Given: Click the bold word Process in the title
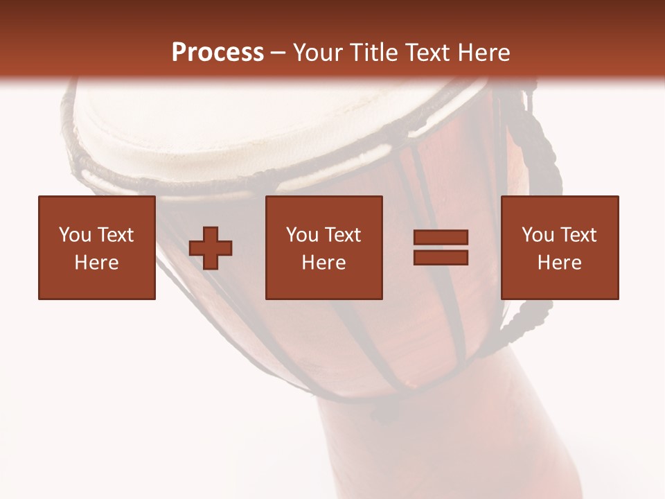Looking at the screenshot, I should [218, 53].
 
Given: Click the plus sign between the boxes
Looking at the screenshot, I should [211, 248].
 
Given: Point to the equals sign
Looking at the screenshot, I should [441, 247].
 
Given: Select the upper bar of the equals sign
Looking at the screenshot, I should [441, 238].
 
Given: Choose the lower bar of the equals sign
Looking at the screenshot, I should [441, 257].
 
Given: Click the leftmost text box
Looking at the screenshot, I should [97, 247].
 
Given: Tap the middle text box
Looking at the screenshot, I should [323, 247].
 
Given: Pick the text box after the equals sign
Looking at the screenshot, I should [560, 247].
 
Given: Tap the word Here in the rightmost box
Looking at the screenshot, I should [560, 263].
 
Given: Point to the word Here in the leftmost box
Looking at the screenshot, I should [97, 263].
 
